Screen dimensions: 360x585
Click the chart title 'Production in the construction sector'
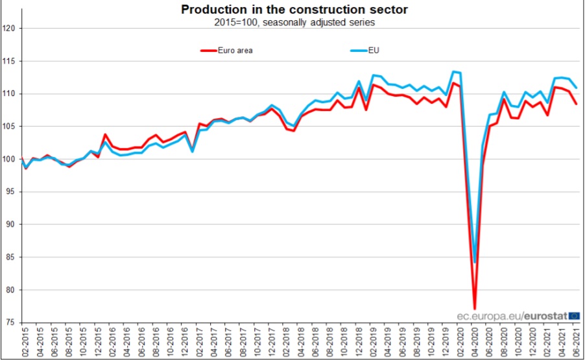tap(294, 10)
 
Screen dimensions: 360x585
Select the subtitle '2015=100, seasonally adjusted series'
tap(294, 22)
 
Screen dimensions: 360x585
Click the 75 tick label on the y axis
tap(12, 322)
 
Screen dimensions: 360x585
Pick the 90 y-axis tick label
tap(12, 224)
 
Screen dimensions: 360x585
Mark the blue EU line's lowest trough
tap(475, 262)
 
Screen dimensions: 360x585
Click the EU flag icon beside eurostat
tap(574, 315)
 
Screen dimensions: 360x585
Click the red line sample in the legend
tap(209, 51)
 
